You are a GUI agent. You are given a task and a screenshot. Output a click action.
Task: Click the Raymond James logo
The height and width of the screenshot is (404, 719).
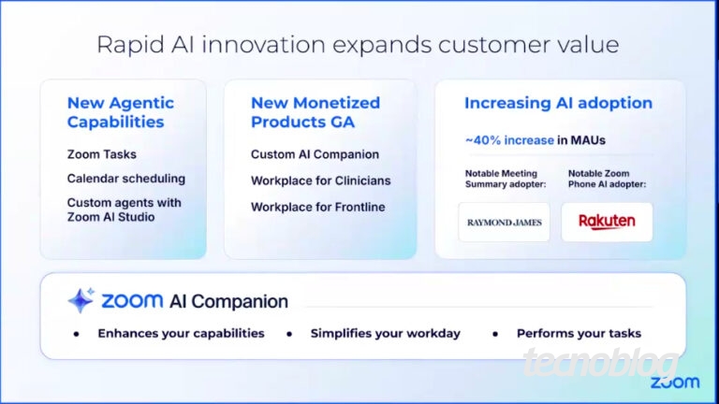505,223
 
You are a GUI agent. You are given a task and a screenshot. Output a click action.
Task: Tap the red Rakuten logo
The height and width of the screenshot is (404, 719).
607,222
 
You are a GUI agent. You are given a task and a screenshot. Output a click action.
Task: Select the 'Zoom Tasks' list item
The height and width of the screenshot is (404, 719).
102,154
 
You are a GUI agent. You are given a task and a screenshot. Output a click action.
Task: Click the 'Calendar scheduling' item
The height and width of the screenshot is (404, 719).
126,179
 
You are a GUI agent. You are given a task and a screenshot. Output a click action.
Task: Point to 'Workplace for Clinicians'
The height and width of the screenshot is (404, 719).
320,180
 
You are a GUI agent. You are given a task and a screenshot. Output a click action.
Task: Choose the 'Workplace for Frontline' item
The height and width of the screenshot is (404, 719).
317,207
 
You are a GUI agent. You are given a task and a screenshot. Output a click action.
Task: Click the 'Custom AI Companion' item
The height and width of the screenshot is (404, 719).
315,155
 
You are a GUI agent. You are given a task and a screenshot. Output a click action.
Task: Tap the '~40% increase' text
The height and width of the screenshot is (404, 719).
509,140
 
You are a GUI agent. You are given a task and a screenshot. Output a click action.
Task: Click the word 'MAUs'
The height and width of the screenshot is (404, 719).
588,140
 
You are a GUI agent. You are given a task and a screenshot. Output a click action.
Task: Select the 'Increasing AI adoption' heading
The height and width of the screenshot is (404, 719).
559,104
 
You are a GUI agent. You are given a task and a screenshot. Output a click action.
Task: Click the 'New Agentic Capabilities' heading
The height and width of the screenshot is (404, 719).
121,112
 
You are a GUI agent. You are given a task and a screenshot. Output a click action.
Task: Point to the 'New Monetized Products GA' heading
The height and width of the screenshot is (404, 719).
315,112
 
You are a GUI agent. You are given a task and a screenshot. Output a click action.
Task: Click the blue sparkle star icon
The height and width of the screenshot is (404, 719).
81,300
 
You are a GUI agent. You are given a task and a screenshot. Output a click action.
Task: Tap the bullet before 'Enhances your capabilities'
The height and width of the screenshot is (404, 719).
77,335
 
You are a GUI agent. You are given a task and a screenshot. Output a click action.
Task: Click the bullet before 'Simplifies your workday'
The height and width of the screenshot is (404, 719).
289,335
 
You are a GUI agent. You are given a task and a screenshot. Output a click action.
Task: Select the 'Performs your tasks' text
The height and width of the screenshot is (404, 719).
579,334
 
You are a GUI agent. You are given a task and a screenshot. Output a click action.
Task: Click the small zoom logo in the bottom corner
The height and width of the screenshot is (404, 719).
675,382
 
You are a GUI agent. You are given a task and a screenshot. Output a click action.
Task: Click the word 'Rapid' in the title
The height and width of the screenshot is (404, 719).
131,45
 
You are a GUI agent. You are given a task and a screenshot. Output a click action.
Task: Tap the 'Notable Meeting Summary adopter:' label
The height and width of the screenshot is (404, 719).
506,179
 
